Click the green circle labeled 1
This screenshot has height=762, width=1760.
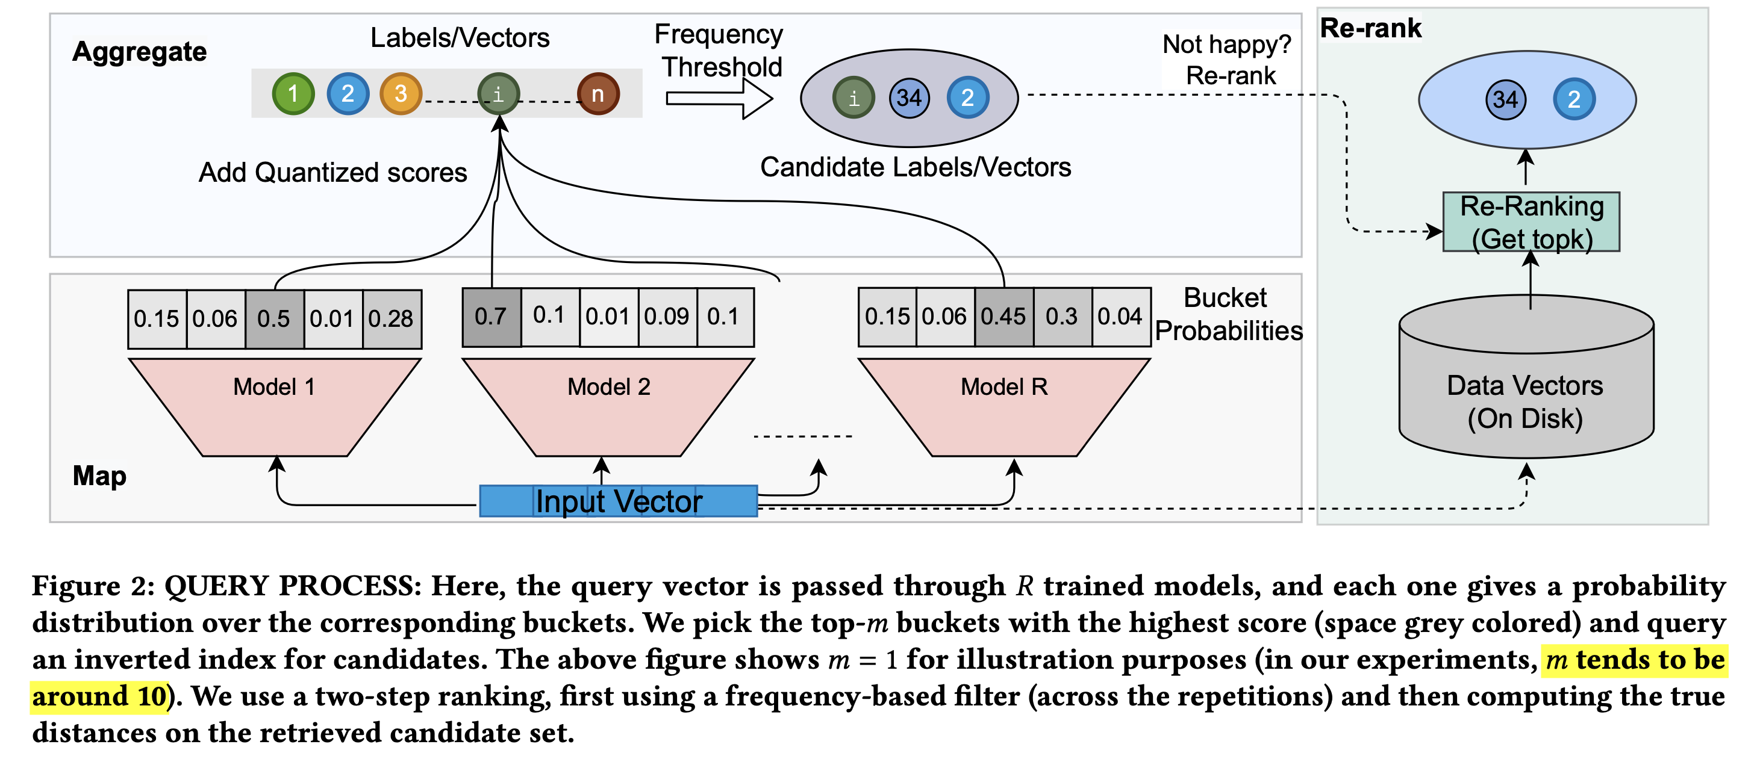pos(293,93)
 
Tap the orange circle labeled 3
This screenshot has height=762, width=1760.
pos(401,93)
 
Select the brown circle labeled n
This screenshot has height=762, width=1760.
pos(598,93)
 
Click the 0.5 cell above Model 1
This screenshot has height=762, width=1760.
pos(274,319)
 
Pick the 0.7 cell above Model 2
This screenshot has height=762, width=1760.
pos(491,317)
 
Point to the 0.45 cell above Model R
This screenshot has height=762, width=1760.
pos(1003,317)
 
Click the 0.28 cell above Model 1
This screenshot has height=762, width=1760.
pos(391,319)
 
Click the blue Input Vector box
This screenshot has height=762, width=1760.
pos(619,501)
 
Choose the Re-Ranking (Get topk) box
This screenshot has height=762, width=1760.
pos(1531,222)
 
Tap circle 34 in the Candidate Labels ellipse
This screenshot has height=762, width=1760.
pos(909,98)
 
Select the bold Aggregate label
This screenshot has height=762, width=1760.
pos(139,52)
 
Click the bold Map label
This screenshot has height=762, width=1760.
pos(100,476)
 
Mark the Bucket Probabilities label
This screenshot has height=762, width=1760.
pos(1228,314)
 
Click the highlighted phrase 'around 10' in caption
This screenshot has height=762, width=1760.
pos(100,696)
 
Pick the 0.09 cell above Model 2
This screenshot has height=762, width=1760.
pos(667,317)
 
